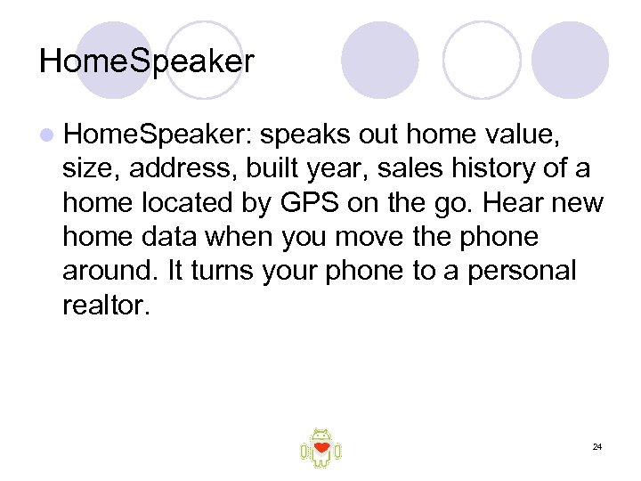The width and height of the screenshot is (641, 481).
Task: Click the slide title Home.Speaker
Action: coord(147,61)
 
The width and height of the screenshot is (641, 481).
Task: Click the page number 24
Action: coord(597,445)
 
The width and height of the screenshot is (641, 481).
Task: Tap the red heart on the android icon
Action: coord(321,447)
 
